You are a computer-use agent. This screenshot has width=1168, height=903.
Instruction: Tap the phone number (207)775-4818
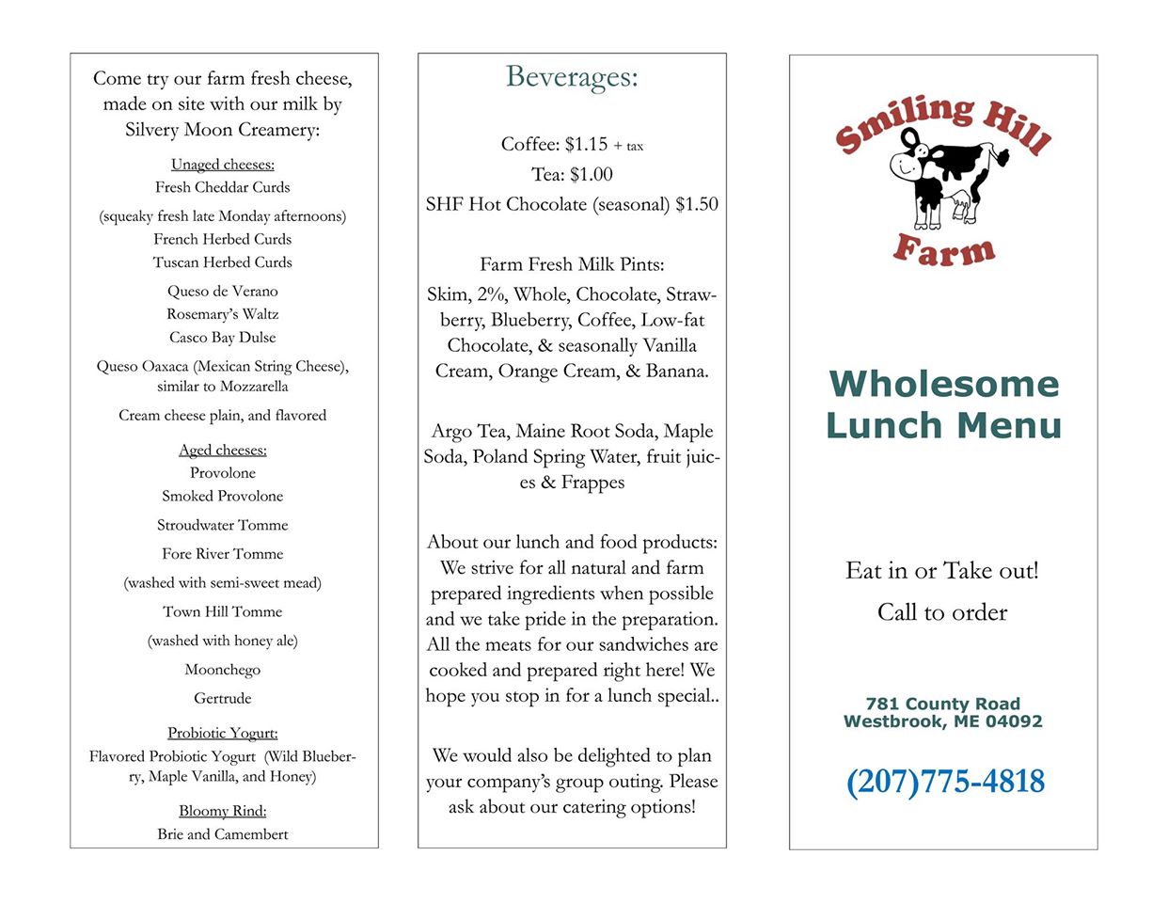click(x=945, y=782)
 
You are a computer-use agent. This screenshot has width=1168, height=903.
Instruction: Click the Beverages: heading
click(x=572, y=77)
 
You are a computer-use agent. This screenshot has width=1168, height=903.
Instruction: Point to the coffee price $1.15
click(x=586, y=144)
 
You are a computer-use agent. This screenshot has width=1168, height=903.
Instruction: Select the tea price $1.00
click(x=592, y=174)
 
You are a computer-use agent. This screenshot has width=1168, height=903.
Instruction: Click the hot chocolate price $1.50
click(x=697, y=204)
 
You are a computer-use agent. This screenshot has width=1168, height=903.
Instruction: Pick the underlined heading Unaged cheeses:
click(x=223, y=165)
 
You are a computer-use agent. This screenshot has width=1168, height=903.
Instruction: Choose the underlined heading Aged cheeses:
click(x=223, y=451)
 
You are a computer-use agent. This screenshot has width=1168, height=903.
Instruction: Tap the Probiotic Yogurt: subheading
click(x=223, y=734)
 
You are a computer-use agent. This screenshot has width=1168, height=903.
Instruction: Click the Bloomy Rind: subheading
click(x=223, y=811)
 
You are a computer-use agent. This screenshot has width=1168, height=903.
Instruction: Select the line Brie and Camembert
click(x=223, y=834)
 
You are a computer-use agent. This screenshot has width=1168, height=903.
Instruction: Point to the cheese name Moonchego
click(x=223, y=670)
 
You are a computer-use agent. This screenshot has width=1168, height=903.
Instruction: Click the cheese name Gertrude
click(x=223, y=699)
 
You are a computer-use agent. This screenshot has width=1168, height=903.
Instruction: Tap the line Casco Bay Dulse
click(x=223, y=338)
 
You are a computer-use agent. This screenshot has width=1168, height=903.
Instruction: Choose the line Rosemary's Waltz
click(x=223, y=314)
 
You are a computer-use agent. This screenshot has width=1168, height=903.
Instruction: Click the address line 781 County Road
click(x=942, y=704)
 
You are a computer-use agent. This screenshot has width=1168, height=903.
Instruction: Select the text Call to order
click(x=942, y=612)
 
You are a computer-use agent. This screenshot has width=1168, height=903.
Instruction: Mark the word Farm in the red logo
click(x=943, y=250)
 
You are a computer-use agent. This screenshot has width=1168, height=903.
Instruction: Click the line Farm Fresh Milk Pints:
click(x=572, y=264)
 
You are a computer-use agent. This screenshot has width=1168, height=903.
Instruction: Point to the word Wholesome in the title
click(x=944, y=384)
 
